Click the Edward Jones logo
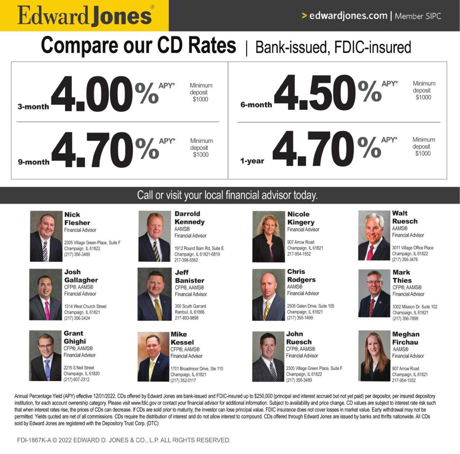pyautogui.click(x=84, y=16)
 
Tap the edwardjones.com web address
pyautogui.click(x=348, y=16)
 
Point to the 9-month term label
pyautogui.click(x=34, y=162)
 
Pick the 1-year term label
pyautogui.click(x=252, y=161)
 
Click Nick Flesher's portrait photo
pyautogui.click(x=46, y=236)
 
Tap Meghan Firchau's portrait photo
pyautogui.click(x=374, y=356)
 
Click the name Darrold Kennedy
pyautogui.click(x=189, y=218)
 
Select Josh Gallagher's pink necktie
pyautogui.click(x=47, y=310)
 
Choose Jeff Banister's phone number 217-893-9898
pyautogui.click(x=187, y=318)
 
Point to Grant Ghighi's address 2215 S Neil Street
pyautogui.click(x=79, y=368)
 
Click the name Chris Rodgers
pyautogui.click(x=301, y=276)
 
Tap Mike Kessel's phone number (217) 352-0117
pyautogui.click(x=183, y=380)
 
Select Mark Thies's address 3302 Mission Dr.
pyautogui.click(x=414, y=307)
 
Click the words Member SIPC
pyautogui.click(x=418, y=16)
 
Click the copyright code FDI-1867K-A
pyautogui.click(x=34, y=440)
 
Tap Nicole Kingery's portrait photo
pyautogui.click(x=268, y=237)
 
